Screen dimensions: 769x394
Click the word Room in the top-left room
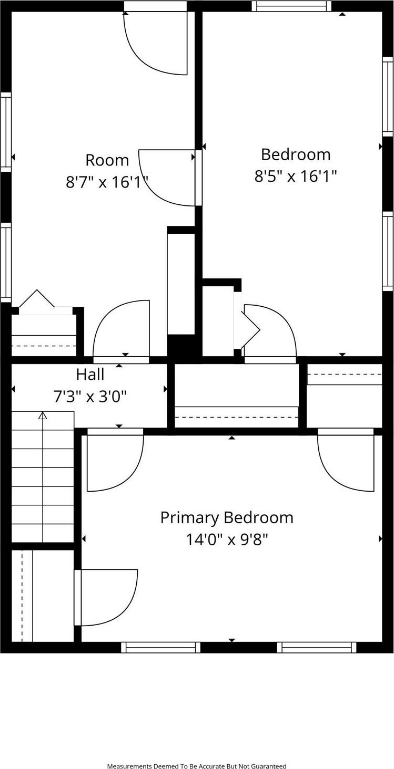point(107,160)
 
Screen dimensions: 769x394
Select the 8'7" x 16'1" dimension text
point(107,182)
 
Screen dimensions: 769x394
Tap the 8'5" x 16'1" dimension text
point(296,175)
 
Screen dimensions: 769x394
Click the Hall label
point(90,375)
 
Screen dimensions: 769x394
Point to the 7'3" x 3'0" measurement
point(90,397)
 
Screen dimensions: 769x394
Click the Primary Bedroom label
point(227,517)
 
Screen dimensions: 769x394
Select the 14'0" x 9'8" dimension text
point(227,539)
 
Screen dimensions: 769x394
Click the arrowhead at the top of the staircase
point(43,415)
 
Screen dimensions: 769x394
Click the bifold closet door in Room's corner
point(37,300)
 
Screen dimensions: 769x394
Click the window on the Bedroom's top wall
point(291,6)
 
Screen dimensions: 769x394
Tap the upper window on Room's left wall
point(6,132)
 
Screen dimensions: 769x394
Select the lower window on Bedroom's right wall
point(388,251)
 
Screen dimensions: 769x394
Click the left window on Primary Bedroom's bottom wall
point(160,647)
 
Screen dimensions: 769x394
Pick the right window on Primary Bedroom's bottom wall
point(317,647)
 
